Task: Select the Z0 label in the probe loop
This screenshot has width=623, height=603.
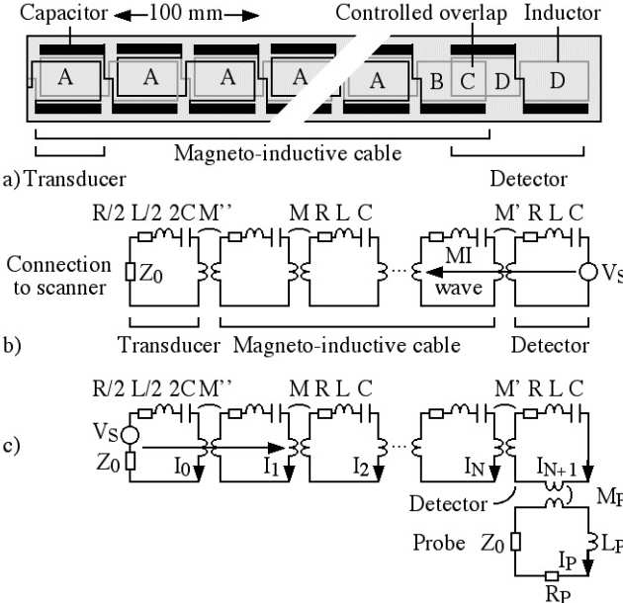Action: pyautogui.click(x=495, y=543)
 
